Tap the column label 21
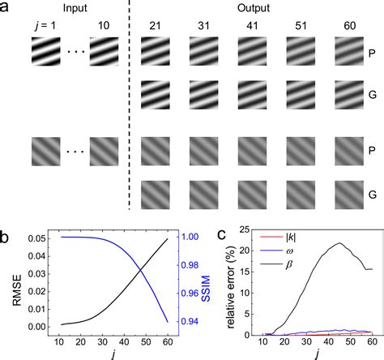coord(155,26)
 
